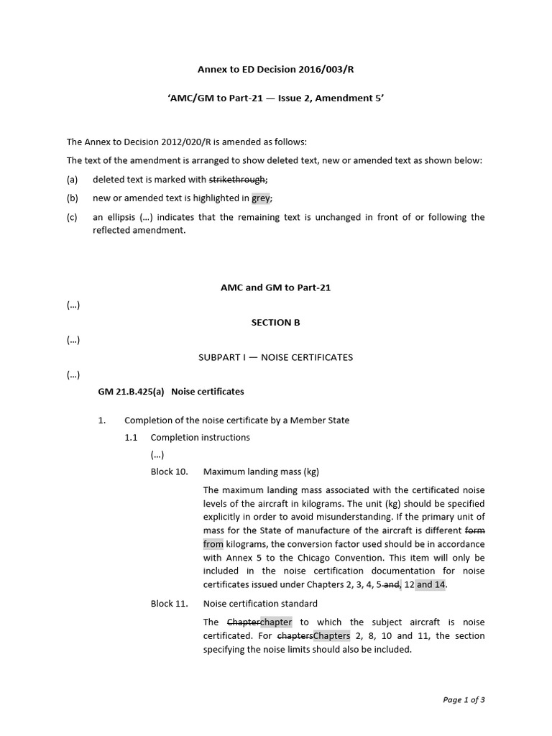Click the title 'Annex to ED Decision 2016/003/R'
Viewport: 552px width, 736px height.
[275, 70]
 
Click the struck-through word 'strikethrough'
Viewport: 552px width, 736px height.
[237, 180]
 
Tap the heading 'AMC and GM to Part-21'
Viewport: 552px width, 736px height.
[275, 287]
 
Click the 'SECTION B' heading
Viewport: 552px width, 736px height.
[275, 323]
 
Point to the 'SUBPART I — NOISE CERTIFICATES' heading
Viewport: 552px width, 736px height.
[275, 357]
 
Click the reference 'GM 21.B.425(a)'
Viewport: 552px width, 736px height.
[131, 392]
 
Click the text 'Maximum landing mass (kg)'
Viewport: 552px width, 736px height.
[261, 472]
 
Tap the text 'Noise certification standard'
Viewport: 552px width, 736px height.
[260, 604]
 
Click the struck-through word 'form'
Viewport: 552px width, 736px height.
[475, 530]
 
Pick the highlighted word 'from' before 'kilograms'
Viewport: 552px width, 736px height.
[213, 544]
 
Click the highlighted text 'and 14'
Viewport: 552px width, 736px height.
[431, 584]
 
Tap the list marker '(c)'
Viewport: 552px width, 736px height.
[73, 217]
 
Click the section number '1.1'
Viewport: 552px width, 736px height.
[131, 437]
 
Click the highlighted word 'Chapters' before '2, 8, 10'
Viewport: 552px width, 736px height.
[332, 636]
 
